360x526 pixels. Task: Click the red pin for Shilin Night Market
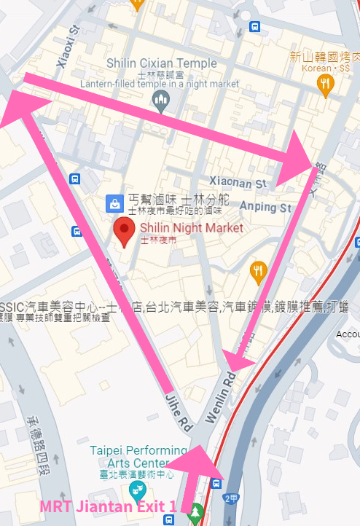[125, 233]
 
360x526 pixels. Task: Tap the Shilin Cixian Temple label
[161, 63]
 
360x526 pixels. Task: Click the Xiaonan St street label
[239, 181]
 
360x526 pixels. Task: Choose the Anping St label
[265, 208]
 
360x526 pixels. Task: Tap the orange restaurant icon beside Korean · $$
[326, 84]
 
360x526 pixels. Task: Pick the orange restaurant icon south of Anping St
[257, 272]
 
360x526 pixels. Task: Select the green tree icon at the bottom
[195, 514]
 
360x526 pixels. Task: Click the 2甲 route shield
[231, 499]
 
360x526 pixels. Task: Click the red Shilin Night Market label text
[192, 228]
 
